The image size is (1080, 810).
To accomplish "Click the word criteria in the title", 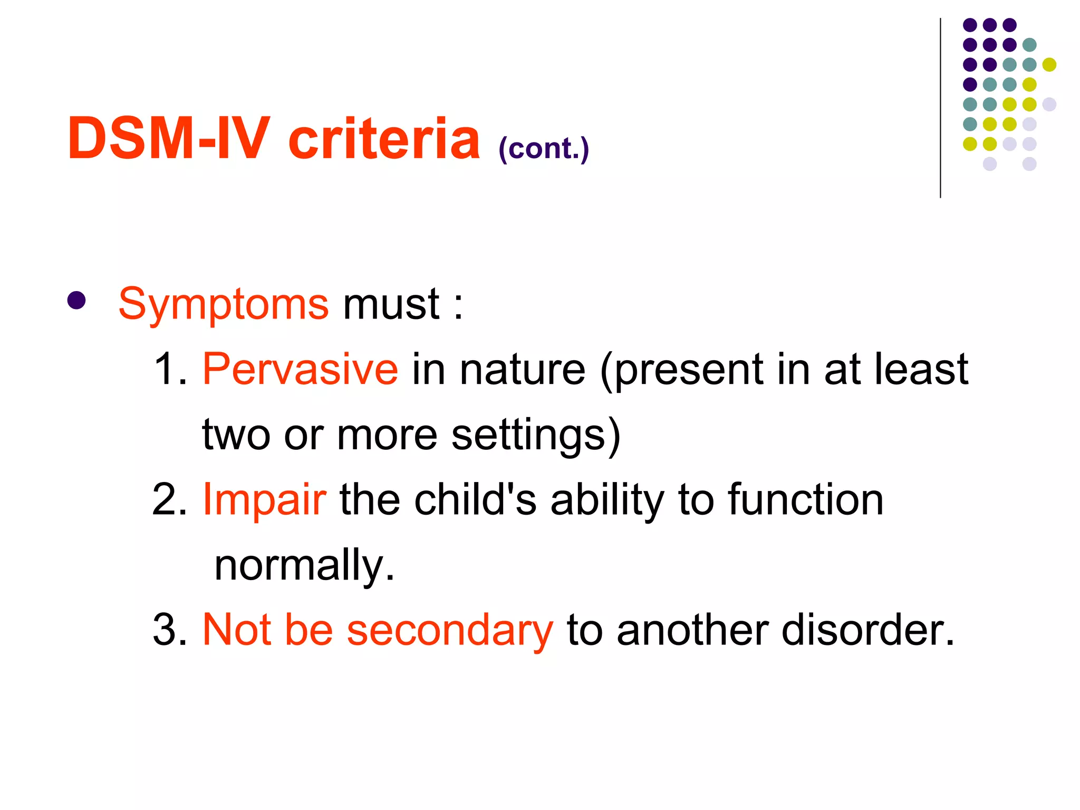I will point(384,138).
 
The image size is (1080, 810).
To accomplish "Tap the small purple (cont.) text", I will point(543,149).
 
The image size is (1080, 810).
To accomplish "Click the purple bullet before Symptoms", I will point(76,301).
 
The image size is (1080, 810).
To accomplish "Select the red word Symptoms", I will point(224,305).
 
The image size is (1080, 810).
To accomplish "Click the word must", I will point(391,305).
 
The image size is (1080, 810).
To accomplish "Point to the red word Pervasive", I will point(300,369).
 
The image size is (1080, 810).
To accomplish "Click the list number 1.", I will point(170,369).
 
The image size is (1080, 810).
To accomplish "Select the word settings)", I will point(536,436).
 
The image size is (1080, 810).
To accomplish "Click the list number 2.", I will point(170,499).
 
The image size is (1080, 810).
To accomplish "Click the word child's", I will point(475,499).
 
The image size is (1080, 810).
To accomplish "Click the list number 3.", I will point(170,630).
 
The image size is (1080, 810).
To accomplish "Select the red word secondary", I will point(450,630).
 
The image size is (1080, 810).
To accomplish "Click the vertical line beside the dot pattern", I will point(940,108).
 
